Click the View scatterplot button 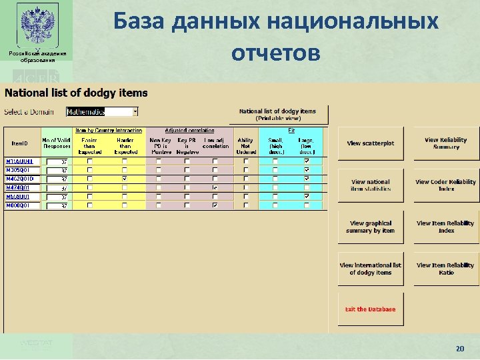tap(370, 143)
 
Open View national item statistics tap(370, 185)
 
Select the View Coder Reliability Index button tap(446, 185)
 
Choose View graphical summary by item tap(370, 227)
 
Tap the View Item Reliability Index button tap(446, 227)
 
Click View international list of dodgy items tap(370, 269)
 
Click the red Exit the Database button tap(370, 309)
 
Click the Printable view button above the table tap(277, 114)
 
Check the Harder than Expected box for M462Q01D tap(125, 179)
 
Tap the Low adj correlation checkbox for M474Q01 tap(214, 188)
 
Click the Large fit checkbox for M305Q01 tap(306, 170)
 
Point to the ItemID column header tap(21, 143)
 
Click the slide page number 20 tap(459, 348)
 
